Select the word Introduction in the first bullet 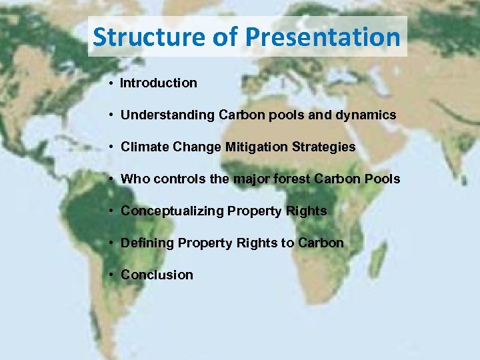tap(159, 83)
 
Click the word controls tap(172, 179)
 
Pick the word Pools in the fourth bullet tap(383, 179)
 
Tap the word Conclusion tap(157, 275)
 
